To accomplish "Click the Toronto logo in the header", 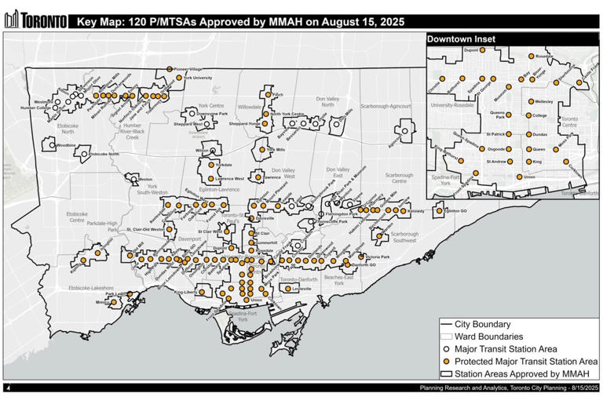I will (35, 21).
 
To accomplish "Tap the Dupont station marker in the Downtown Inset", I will (484, 50).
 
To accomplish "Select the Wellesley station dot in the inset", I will (531, 102).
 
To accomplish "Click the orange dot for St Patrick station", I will (509, 135).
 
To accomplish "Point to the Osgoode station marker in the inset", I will (509, 148).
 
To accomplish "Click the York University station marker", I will (180, 78).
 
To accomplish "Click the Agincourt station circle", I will (404, 132).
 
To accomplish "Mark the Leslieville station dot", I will (287, 289).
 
